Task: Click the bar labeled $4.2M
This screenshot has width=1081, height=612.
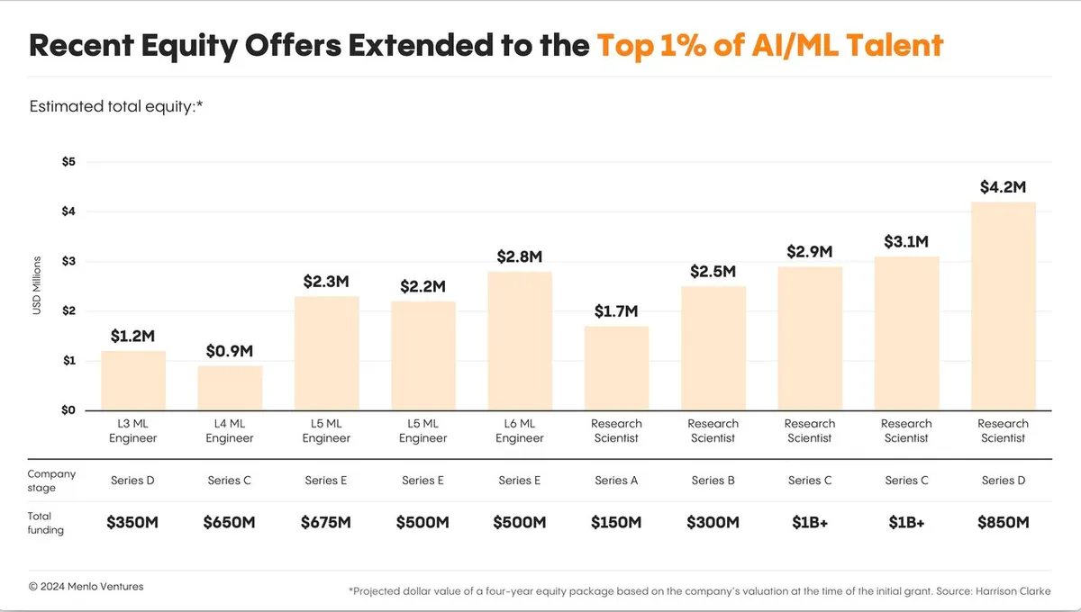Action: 1003,306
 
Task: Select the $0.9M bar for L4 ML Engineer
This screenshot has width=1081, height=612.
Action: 230,388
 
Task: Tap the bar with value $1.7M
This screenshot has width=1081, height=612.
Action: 616,368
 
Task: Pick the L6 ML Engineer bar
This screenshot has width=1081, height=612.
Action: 520,341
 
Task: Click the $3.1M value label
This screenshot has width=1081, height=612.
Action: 906,242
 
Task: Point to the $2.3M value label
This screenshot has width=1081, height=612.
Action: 326,282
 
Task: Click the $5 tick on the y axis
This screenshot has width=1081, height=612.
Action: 68,162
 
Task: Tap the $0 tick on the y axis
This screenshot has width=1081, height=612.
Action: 68,410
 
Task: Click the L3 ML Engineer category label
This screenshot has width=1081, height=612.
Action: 133,431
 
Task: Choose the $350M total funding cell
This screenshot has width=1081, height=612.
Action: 132,523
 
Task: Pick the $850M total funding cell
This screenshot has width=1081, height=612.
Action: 1003,523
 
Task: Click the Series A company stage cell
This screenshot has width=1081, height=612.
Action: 616,481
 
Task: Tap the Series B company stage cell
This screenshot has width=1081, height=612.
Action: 713,481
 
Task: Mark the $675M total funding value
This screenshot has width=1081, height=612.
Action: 326,523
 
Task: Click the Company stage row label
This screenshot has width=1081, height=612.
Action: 51,481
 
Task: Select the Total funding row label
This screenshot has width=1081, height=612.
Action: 45,523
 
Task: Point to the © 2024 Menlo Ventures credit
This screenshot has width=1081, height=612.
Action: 86,587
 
